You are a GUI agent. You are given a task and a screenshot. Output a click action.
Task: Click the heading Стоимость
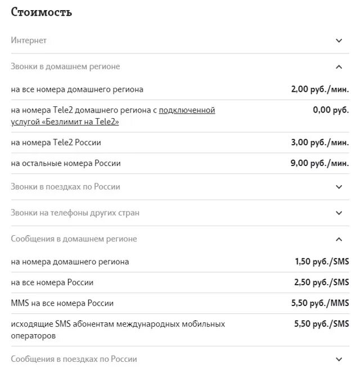[42, 12]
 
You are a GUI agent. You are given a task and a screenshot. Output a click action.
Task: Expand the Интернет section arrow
[339, 41]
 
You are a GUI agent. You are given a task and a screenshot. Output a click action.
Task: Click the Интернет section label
[29, 41]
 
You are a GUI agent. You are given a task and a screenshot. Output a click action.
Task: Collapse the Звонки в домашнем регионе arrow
[339, 67]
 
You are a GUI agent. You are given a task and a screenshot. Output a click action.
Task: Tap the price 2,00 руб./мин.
[319, 89]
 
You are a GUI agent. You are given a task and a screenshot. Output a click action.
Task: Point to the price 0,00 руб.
[331, 110]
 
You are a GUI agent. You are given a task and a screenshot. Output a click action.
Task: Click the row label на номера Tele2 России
[56, 142]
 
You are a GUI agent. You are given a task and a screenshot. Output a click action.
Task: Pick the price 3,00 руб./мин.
[319, 142]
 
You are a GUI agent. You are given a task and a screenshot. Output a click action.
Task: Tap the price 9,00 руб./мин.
[319, 163]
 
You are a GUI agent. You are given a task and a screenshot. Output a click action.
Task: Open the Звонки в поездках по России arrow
[339, 187]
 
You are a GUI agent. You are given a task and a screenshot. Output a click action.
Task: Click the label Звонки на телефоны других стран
[75, 213]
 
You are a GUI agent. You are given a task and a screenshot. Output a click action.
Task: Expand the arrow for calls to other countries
[339, 213]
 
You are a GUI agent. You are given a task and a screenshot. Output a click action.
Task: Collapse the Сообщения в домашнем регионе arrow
[339, 239]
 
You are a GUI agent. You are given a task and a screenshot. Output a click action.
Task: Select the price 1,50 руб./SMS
[322, 262]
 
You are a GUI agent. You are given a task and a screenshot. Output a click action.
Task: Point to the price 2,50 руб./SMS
[322, 282]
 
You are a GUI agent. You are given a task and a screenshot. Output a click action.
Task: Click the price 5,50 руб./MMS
[320, 303]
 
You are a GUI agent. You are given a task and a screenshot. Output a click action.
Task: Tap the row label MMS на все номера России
[62, 303]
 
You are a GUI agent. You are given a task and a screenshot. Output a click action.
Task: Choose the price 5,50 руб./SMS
[322, 324]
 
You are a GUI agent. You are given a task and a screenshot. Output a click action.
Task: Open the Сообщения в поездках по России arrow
[339, 359]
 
